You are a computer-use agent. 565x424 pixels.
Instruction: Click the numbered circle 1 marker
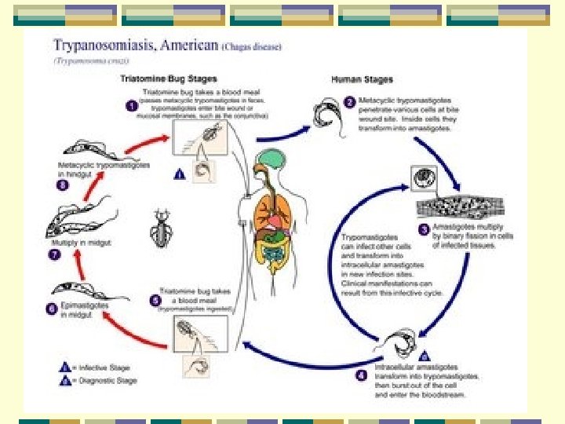click(x=133, y=106)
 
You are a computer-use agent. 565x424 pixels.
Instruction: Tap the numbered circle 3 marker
click(x=423, y=229)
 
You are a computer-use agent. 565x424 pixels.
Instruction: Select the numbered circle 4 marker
click(x=361, y=375)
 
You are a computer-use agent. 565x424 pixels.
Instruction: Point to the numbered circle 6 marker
click(x=52, y=309)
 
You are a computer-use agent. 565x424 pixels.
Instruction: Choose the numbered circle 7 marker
click(x=54, y=254)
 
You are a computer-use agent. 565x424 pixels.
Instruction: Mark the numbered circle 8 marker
click(x=62, y=185)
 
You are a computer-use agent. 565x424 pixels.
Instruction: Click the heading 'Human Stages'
click(x=358, y=79)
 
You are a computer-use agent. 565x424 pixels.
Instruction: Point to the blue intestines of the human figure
click(x=274, y=252)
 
